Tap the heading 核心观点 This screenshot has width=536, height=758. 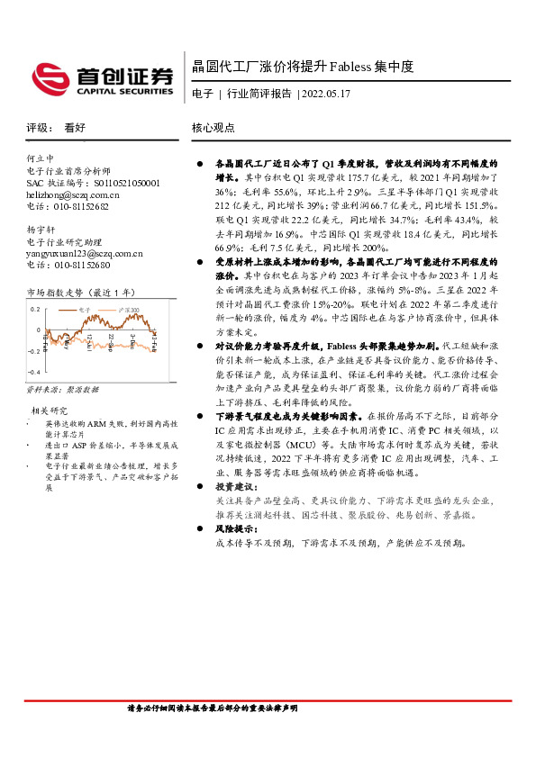213,129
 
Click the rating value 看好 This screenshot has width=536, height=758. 75,129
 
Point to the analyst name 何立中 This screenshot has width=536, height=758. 41,158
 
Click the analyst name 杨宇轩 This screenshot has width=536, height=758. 41,230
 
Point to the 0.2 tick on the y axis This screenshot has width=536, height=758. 35,309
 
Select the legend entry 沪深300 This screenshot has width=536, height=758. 132,309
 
